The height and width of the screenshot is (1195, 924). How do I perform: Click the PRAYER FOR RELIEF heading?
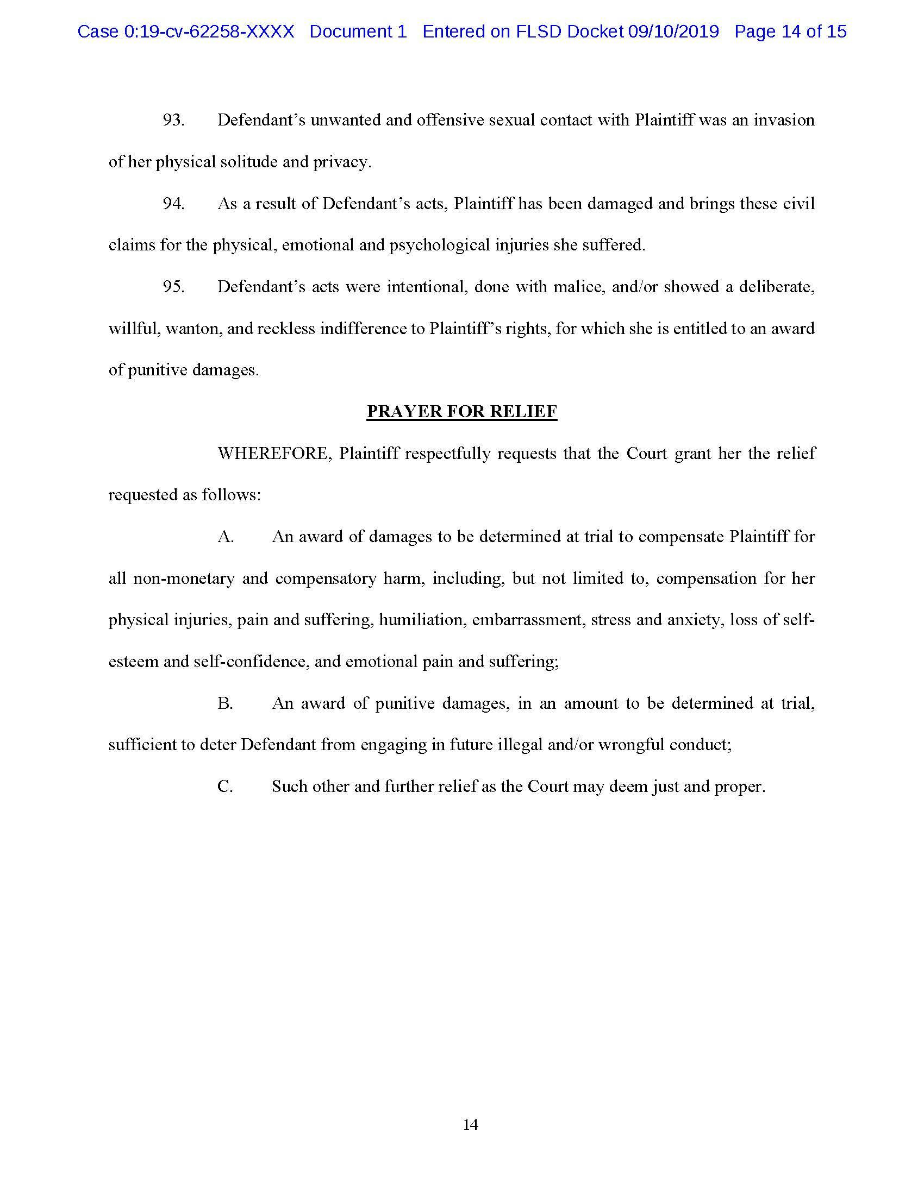(461, 412)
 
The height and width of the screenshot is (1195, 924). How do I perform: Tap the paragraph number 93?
(173, 120)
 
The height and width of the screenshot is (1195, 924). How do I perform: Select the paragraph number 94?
(173, 204)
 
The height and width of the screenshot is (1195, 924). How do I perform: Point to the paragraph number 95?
(173, 287)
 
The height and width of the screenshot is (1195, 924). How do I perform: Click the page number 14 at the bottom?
(470, 1124)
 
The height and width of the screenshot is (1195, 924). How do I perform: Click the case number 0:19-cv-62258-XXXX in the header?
(209, 32)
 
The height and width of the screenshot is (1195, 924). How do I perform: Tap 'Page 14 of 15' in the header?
(790, 32)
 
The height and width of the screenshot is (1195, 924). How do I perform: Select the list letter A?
(226, 537)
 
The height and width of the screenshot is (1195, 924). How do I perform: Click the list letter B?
(225, 703)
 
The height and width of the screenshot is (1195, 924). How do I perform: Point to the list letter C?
(225, 787)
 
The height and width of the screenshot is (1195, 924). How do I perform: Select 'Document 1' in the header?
(358, 32)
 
